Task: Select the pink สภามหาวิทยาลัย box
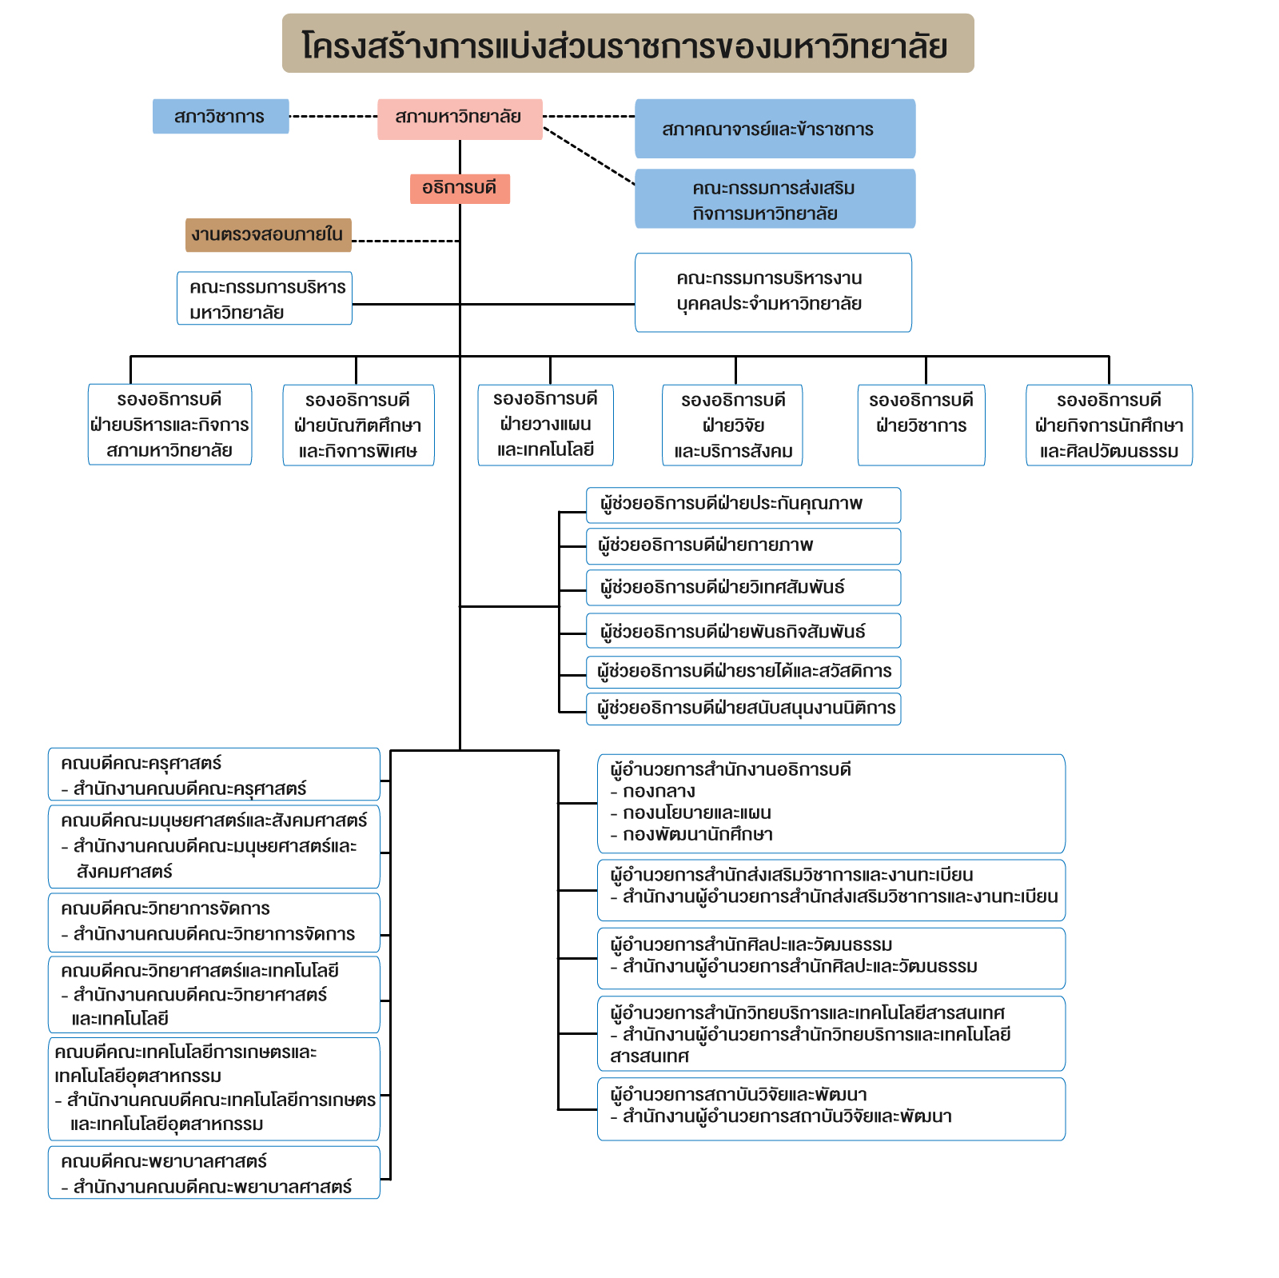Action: click(460, 119)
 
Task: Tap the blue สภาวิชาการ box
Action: click(221, 116)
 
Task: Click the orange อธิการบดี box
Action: click(460, 189)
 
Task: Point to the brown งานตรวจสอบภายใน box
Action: click(269, 235)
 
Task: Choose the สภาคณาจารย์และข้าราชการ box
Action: click(775, 129)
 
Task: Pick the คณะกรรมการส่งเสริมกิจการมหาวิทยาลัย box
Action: click(775, 199)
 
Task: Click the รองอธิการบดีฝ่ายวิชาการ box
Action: click(921, 425)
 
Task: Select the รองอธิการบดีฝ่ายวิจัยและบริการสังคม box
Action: click(732, 425)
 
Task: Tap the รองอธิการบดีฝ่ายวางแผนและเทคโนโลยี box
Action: click(545, 425)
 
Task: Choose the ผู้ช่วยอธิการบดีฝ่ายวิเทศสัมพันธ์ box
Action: click(743, 588)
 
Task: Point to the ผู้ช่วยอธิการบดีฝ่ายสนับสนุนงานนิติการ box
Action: click(743, 709)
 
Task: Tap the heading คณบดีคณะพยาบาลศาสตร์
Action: click(164, 1161)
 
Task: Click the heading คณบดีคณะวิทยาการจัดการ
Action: click(165, 909)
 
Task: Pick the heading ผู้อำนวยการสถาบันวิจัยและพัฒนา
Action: click(739, 1094)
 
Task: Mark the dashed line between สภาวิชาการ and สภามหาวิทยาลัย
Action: click(333, 117)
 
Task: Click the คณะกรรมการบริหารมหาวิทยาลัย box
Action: click(265, 298)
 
